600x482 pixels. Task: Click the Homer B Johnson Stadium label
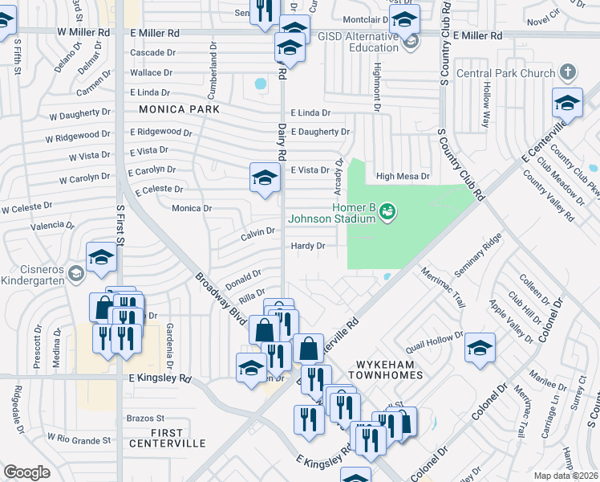(331, 211)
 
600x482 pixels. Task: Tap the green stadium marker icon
(387, 211)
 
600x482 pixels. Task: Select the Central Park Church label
(505, 74)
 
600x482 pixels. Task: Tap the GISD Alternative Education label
(357, 42)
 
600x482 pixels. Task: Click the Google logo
(26, 472)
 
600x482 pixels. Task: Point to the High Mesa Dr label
(403, 176)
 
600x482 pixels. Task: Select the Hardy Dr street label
(308, 246)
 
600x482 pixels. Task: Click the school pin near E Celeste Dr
(265, 178)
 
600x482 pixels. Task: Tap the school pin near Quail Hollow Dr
(480, 347)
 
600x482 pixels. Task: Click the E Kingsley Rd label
(159, 377)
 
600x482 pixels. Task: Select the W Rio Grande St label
(79, 440)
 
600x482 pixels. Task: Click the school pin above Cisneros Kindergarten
(102, 257)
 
